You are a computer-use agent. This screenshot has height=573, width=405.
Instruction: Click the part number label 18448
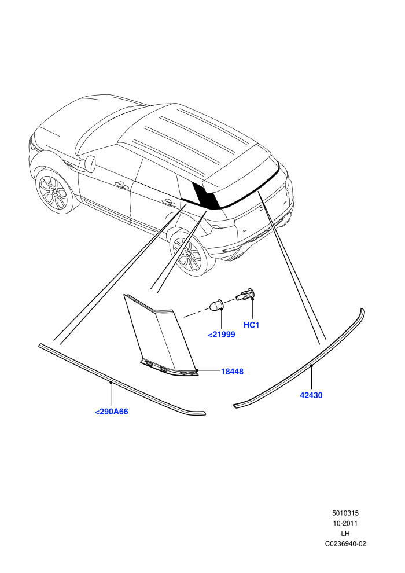[232, 372]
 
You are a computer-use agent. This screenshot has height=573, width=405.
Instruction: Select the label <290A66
[112, 412]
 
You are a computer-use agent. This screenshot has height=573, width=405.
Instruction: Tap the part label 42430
[311, 395]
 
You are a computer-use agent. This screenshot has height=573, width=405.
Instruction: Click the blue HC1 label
[251, 325]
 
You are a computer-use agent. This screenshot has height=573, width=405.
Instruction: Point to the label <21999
[222, 335]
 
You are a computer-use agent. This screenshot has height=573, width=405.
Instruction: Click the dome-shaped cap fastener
[216, 305]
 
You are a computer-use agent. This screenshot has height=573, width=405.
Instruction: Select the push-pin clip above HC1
[245, 294]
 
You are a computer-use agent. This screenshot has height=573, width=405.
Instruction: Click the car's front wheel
[54, 190]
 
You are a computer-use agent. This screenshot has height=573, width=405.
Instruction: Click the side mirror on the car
[90, 163]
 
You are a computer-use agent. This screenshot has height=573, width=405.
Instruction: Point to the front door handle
[119, 185]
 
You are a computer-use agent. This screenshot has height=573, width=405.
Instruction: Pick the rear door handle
[168, 201]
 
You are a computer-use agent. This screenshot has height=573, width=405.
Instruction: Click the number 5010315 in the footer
[345, 513]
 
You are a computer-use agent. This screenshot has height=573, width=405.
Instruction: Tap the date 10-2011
[345, 523]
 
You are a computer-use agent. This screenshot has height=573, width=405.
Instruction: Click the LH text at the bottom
[345, 534]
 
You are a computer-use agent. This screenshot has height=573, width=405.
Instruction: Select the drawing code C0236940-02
[345, 543]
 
